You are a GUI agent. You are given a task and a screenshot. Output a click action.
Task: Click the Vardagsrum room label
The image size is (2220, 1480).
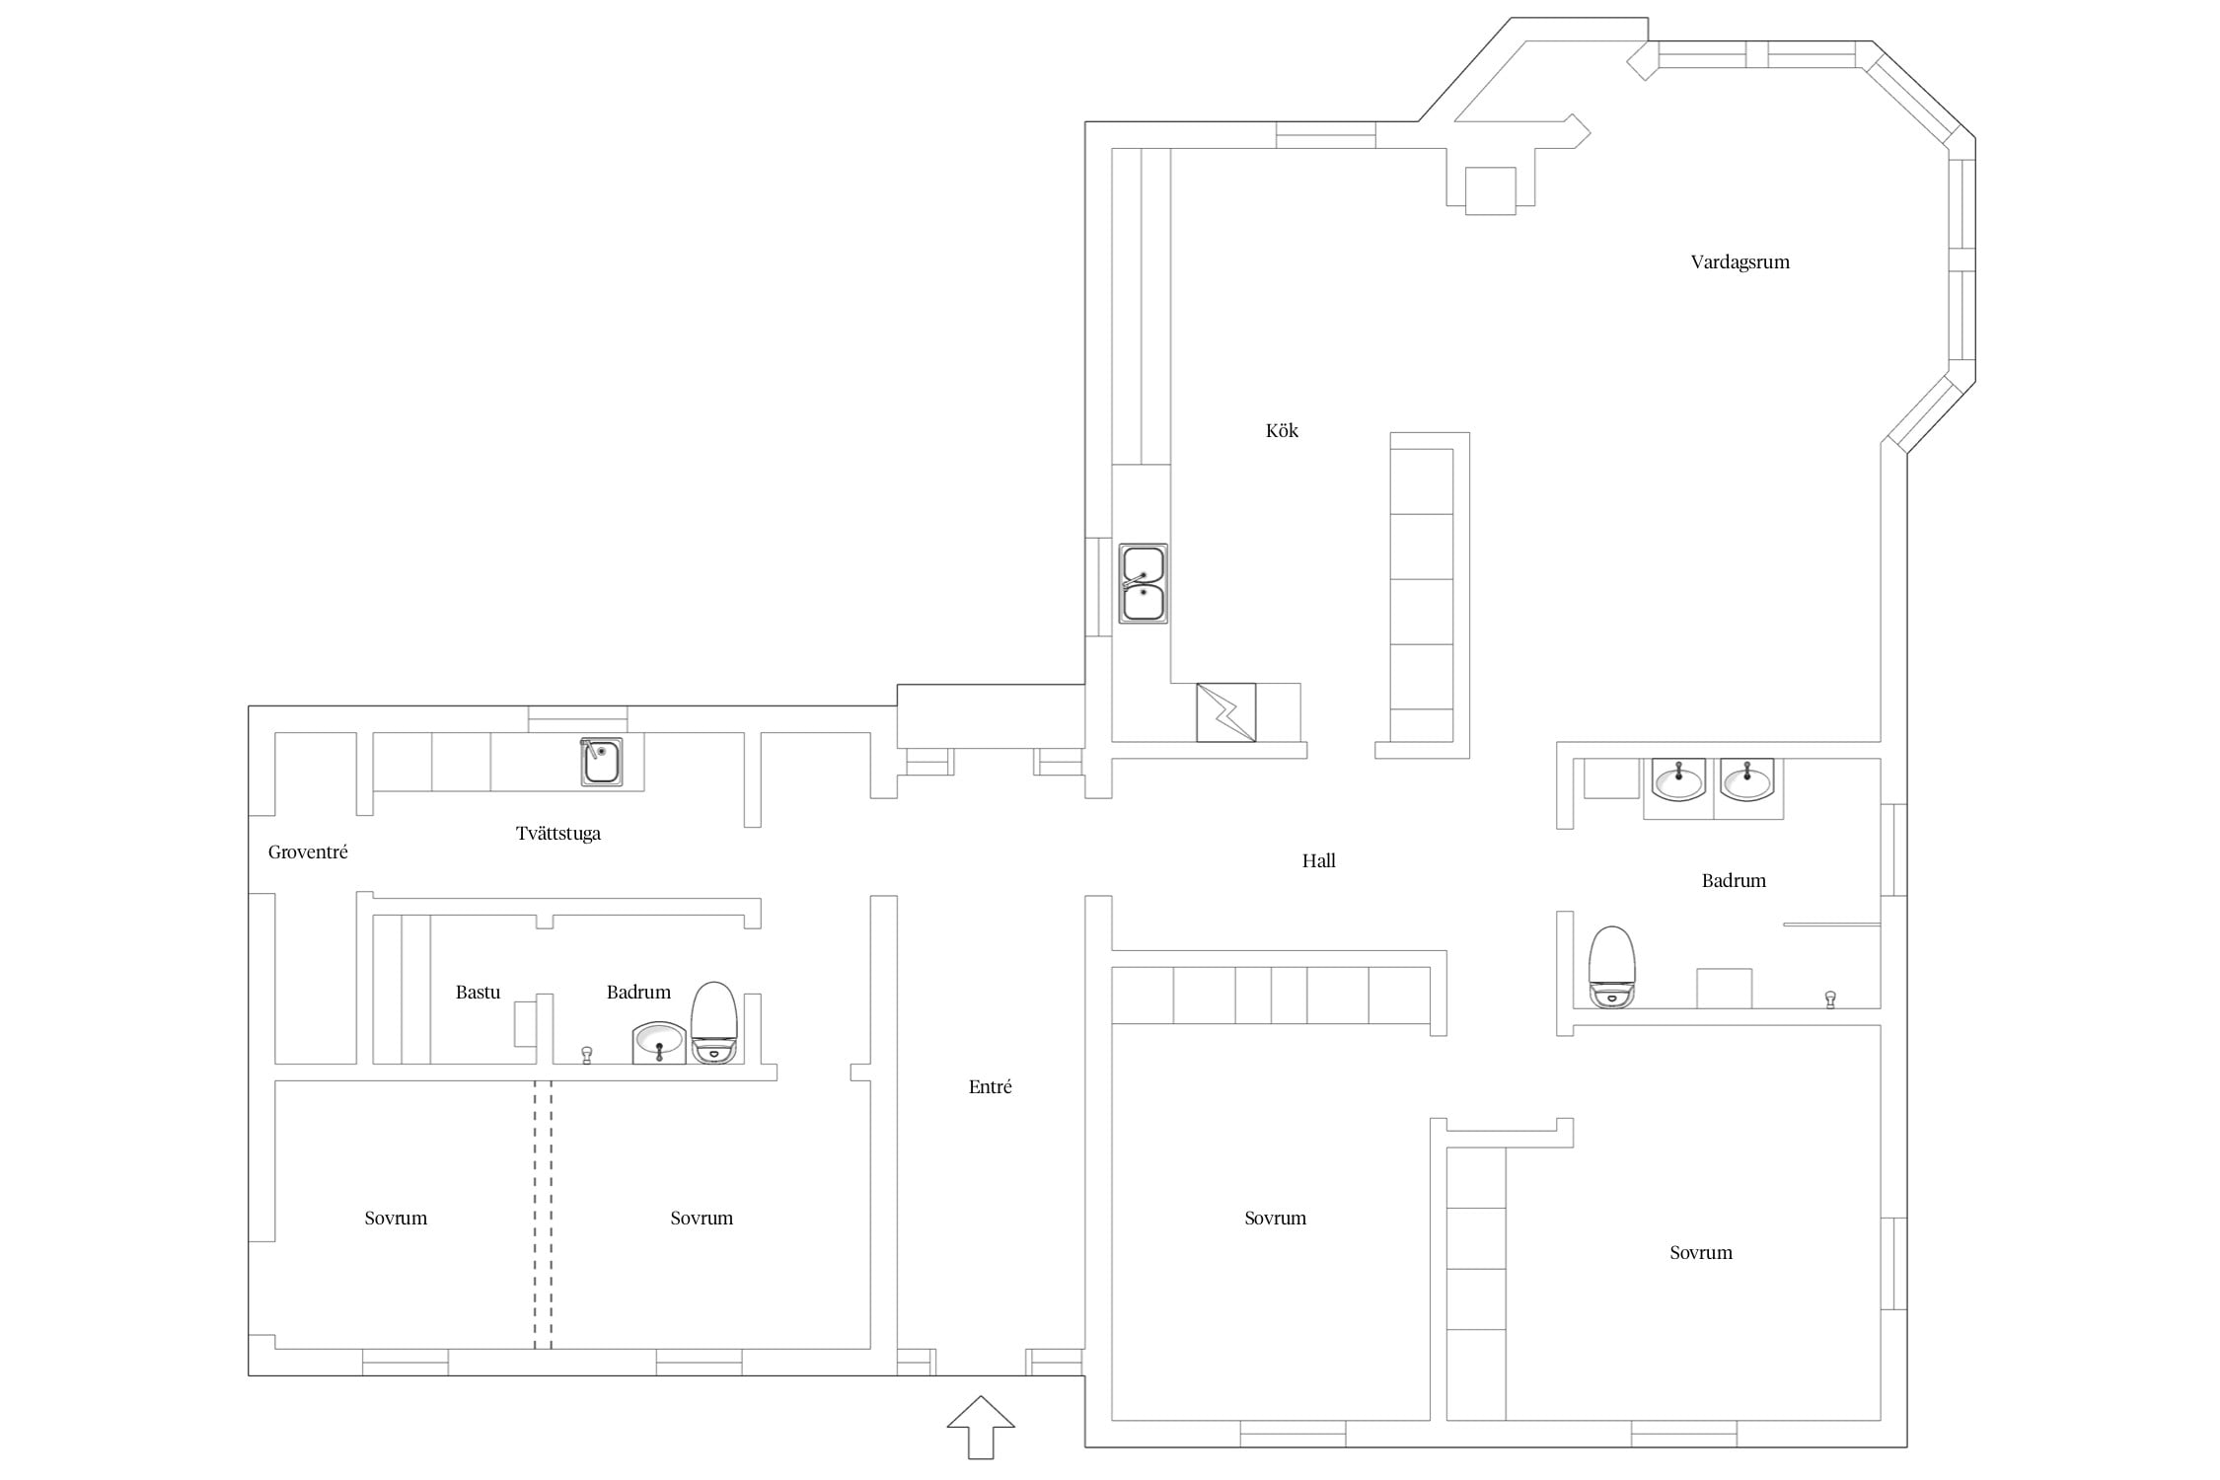(1739, 262)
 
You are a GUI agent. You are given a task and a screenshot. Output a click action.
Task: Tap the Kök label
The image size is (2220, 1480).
(1282, 430)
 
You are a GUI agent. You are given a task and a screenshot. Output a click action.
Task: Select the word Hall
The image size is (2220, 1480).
(1318, 860)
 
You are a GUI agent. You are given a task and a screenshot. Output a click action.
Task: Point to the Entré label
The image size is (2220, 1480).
(990, 1086)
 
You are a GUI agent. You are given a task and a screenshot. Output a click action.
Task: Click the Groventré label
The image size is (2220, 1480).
(308, 851)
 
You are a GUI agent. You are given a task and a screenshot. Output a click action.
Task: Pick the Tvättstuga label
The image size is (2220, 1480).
(557, 834)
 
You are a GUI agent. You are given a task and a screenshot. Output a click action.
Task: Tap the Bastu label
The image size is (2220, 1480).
(478, 992)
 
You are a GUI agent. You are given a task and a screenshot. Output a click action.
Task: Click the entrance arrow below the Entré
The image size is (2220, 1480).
(981, 1427)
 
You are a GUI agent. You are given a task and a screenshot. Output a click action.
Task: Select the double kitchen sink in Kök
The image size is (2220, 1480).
(1143, 583)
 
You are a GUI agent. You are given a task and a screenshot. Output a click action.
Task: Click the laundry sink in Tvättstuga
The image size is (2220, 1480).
(601, 762)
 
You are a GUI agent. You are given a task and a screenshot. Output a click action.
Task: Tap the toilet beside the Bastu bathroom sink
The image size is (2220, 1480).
(713, 1022)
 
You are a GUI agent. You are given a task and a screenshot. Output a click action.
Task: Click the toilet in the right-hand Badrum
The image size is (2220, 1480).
(1612, 967)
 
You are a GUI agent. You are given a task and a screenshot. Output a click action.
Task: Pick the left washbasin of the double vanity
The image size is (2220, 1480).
(1678, 779)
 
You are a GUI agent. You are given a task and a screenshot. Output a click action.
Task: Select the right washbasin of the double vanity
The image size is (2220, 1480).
(1746, 779)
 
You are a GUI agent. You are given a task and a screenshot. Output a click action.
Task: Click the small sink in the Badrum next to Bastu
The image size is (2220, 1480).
(658, 1043)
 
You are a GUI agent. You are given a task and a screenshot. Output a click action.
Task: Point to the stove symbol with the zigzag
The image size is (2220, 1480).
(1225, 712)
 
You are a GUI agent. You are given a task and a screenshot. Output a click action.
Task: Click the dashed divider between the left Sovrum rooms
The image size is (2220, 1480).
(543, 1215)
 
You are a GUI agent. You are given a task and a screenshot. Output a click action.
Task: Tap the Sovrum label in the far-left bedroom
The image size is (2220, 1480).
(396, 1219)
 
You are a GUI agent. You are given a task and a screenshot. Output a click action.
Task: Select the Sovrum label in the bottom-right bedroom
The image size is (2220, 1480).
(1700, 1253)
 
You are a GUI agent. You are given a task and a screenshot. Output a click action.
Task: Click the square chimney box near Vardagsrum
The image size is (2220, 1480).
(1490, 190)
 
